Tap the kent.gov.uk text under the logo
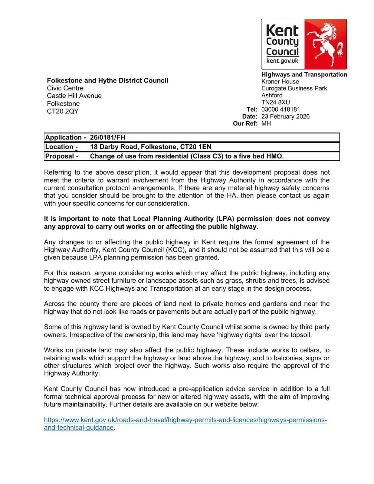pyautogui.click(x=282, y=61)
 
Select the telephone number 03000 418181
pyautogui.click(x=280, y=109)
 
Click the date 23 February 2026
pyautogui.click(x=285, y=116)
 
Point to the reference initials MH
pyautogui.click(x=266, y=123)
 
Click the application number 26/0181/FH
pyautogui.click(x=107, y=137)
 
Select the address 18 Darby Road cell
pyautogui.click(x=150, y=147)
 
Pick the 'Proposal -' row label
pyautogui.click(x=62, y=156)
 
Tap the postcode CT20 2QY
pyautogui.click(x=63, y=111)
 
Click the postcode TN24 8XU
pyautogui.click(x=275, y=102)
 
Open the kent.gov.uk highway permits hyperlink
pyautogui.click(x=185, y=420)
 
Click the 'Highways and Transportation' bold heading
pyautogui.click(x=304, y=74)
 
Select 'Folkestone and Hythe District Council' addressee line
pyautogui.click(x=107, y=80)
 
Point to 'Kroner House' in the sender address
pyautogui.click(x=280, y=81)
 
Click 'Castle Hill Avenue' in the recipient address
pyautogui.click(x=74, y=96)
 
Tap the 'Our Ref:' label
pyautogui.click(x=245, y=123)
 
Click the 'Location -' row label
pyautogui.click(x=61, y=147)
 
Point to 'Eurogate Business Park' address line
pyautogui.click(x=294, y=88)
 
